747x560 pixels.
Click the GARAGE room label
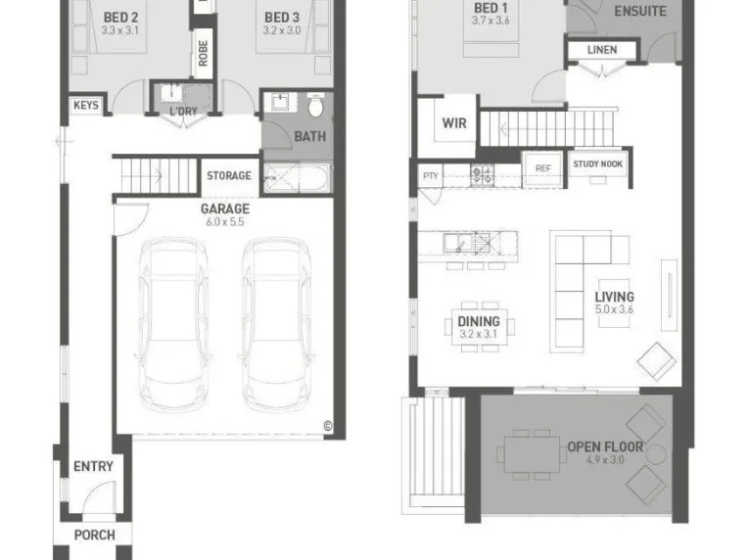click(x=225, y=209)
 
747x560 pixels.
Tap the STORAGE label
click(x=229, y=176)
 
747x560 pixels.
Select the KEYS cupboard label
click(x=86, y=106)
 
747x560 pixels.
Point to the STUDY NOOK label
click(x=598, y=163)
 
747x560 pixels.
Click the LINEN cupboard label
click(x=602, y=50)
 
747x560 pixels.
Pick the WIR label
click(x=454, y=123)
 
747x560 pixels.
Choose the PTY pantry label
click(x=431, y=176)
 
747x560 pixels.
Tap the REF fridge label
click(x=543, y=168)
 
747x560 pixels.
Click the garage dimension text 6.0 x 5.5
click(x=225, y=222)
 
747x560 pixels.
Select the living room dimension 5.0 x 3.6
click(x=614, y=309)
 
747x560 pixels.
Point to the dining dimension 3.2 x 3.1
click(x=479, y=334)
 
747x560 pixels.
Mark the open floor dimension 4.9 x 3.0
click(x=605, y=460)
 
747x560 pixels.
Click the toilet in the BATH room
click(x=315, y=105)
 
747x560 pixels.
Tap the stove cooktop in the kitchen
click(x=482, y=175)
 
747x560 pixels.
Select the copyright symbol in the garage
click(x=328, y=426)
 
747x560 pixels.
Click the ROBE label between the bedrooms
click(x=203, y=53)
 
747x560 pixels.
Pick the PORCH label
click(x=95, y=536)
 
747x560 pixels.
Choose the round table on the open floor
click(x=656, y=454)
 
